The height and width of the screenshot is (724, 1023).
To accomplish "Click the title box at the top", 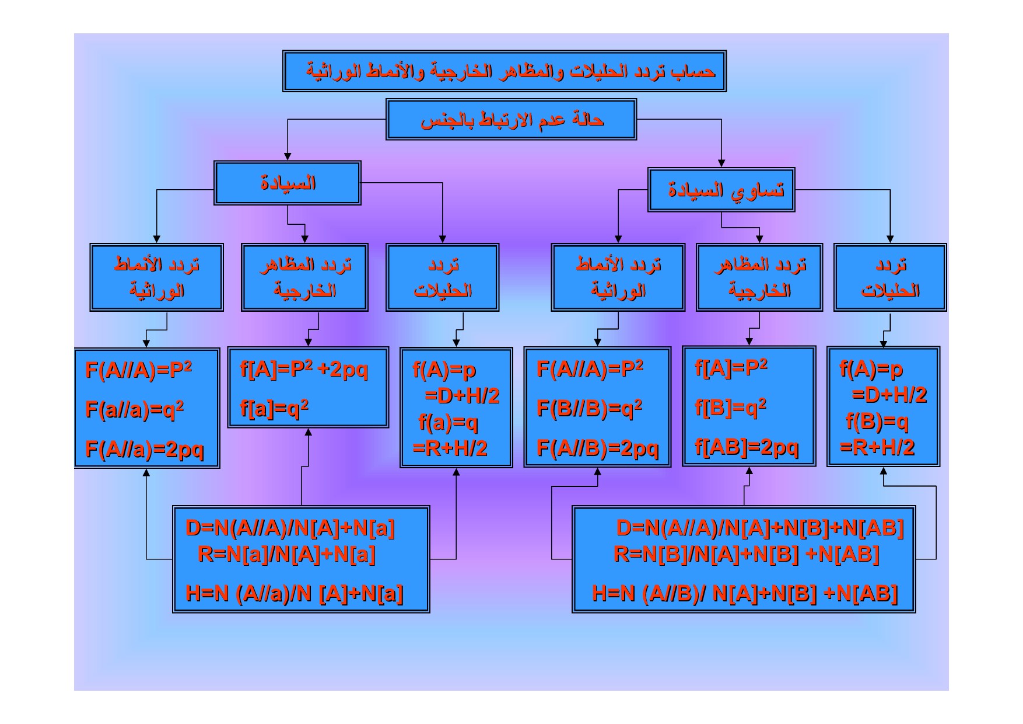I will (x=505, y=71).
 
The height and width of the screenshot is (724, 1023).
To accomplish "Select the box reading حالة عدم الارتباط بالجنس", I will (x=511, y=120).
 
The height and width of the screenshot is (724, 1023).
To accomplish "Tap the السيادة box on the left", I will (x=288, y=183).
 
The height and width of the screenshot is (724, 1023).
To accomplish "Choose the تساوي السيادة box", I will (x=721, y=190).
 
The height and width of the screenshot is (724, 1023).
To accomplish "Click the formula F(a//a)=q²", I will (x=135, y=409).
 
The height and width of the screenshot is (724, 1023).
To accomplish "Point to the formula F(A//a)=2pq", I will (x=145, y=450).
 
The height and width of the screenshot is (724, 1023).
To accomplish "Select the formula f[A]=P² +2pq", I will (x=304, y=370).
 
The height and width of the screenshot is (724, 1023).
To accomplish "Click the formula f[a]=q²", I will (x=274, y=408).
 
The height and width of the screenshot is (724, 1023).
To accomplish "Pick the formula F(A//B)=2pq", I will (x=597, y=448).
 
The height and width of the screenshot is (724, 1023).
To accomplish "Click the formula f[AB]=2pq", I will (x=747, y=447).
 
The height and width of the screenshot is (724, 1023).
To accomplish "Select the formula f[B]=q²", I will (x=730, y=407).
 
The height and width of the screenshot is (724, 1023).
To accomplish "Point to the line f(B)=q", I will (x=877, y=422).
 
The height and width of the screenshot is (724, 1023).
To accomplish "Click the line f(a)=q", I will (x=448, y=422).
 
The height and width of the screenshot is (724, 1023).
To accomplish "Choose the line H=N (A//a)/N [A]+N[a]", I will (x=295, y=594).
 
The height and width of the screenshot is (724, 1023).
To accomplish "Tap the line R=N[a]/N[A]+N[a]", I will (x=286, y=554).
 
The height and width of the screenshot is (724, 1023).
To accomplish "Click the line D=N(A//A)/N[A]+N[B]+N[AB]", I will (x=760, y=528).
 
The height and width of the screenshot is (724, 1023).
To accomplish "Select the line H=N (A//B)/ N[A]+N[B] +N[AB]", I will (x=745, y=594).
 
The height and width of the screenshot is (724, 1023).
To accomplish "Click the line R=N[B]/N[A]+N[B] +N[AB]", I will (x=747, y=554).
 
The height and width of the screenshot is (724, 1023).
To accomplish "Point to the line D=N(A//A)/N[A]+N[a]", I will (x=290, y=528).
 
